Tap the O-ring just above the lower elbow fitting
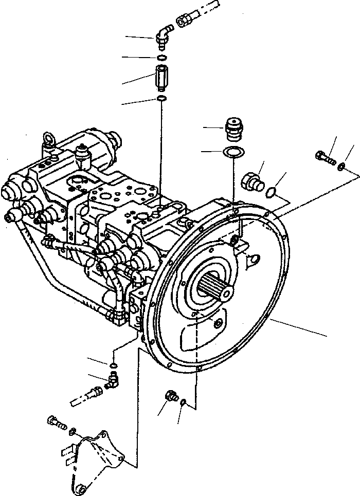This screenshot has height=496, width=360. [x=113, y=365]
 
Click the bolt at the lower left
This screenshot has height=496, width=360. [x=56, y=422]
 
